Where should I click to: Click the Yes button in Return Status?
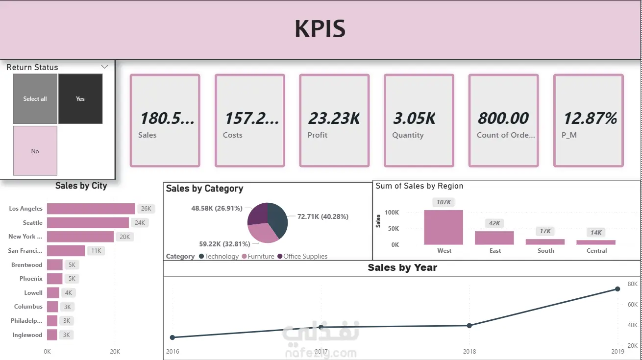coord(80,99)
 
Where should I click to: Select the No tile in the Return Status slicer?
coord(35,151)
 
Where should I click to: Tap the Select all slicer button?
coord(35,99)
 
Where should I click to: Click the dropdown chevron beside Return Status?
coord(104,67)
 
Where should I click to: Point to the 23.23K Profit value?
coord(334,118)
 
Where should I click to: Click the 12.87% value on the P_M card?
coord(590,118)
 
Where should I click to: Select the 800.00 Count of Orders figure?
coord(503,118)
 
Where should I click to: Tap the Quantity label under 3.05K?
coord(408,135)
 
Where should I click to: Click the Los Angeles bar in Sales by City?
coord(91,209)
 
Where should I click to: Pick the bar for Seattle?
coord(88,223)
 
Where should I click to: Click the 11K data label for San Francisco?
coord(96,251)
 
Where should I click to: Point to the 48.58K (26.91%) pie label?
coord(217,208)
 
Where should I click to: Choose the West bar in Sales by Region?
coord(444,228)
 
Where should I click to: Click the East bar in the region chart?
coord(494,238)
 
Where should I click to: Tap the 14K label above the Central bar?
coord(596,233)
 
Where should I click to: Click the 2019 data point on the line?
coord(617,289)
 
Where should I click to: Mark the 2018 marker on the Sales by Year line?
coord(469,326)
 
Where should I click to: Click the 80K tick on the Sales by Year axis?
coord(633,284)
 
